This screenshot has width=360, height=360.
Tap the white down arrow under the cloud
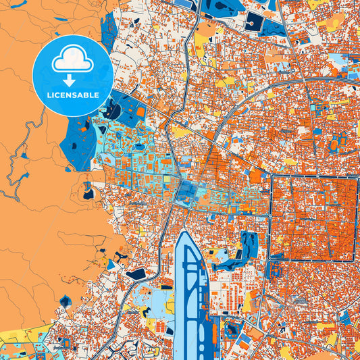[73, 80]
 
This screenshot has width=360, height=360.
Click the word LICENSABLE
[73, 95]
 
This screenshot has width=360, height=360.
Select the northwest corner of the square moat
[272, 177]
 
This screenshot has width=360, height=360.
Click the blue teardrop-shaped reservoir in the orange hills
[88, 192]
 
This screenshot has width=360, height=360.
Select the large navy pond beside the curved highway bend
[135, 274]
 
